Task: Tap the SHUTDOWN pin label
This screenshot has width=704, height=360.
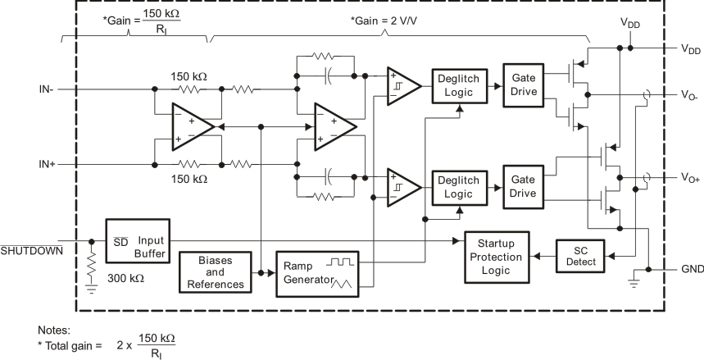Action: pyautogui.click(x=31, y=250)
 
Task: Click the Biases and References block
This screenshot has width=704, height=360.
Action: pyautogui.click(x=211, y=272)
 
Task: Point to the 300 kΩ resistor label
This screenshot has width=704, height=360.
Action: pyautogui.click(x=125, y=279)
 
